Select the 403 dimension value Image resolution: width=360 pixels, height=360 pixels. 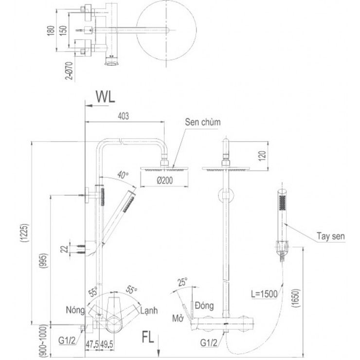point(125,116)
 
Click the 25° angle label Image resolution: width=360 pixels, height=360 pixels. point(182,282)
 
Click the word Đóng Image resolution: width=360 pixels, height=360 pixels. point(205,306)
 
